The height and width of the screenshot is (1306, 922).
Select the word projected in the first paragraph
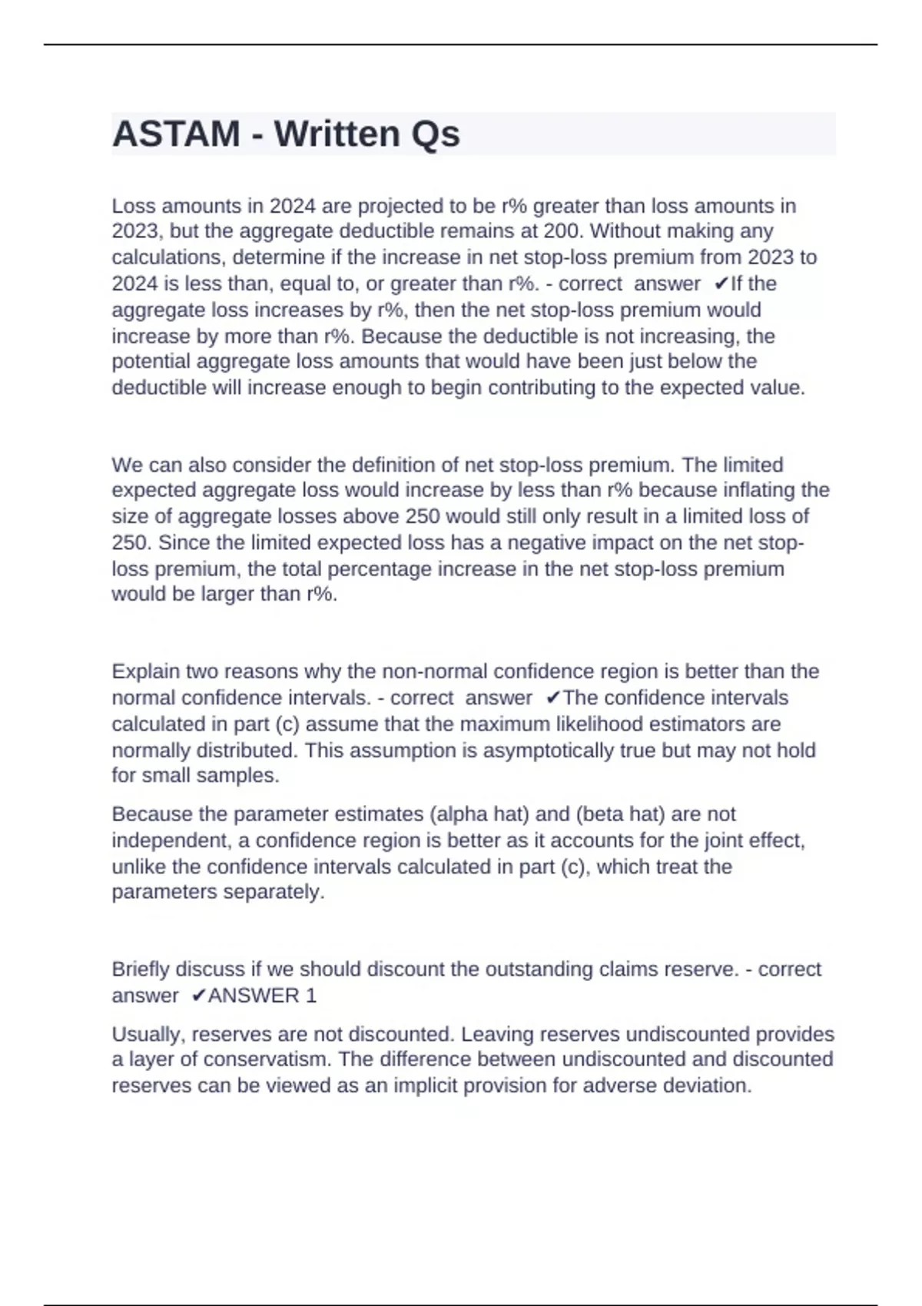tap(401, 206)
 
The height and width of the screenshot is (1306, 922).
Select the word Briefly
tap(141, 970)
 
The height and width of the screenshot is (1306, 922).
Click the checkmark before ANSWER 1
tap(198, 996)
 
